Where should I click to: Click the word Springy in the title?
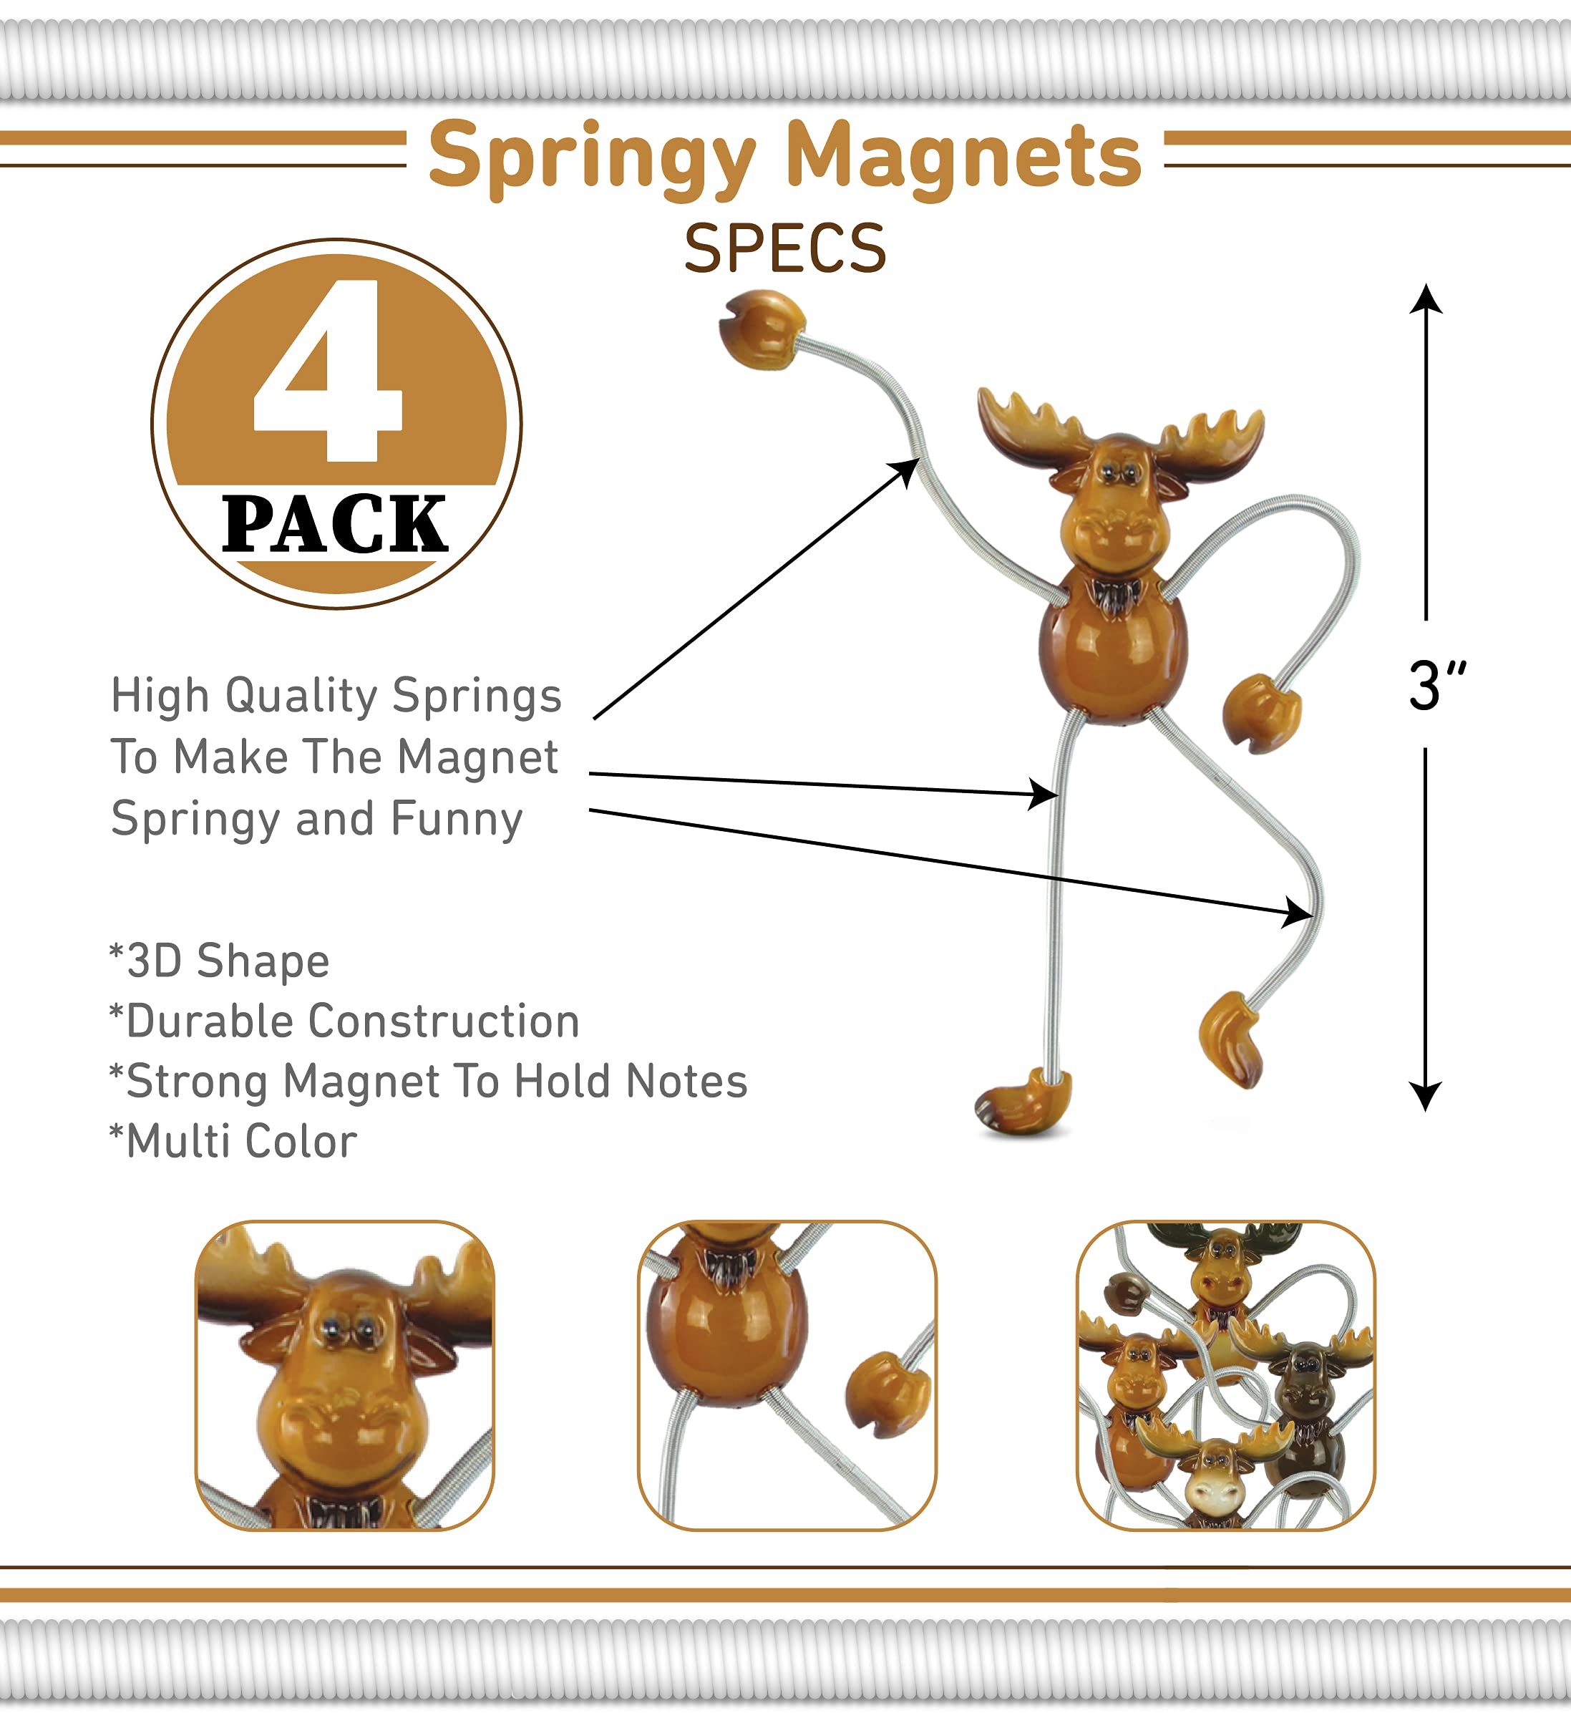(592, 160)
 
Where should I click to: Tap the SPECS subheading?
(784, 249)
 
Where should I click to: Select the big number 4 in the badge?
(328, 371)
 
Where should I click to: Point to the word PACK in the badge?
(335, 523)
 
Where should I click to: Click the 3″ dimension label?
(1437, 685)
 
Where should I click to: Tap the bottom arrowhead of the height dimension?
(1425, 1097)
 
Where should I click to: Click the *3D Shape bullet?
(219, 962)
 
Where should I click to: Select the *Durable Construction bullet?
(344, 1021)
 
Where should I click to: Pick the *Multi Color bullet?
(233, 1141)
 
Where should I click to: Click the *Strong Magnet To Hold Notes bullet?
(428, 1081)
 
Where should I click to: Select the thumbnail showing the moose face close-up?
(345, 1375)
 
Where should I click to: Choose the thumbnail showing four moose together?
(1225, 1375)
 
